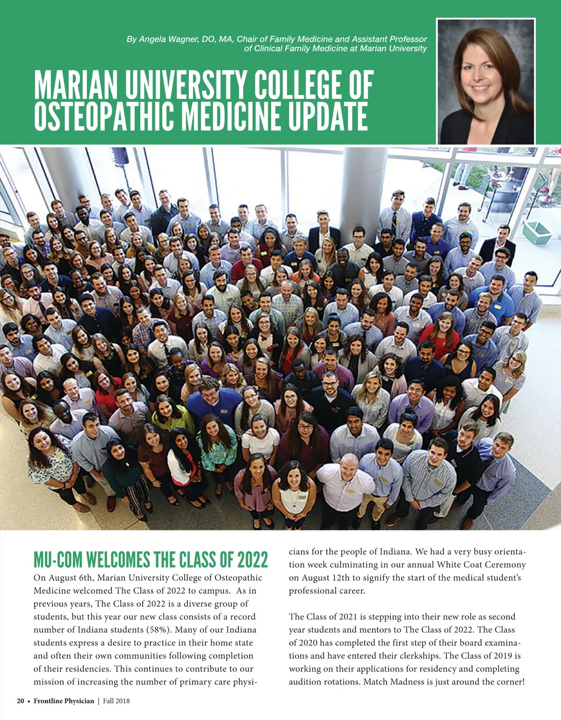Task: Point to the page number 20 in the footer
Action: pos(21,701)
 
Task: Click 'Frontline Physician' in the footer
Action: pos(64,701)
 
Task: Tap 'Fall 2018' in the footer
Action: pos(116,701)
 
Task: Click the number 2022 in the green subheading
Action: pos(252,560)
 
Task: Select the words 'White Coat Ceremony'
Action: pos(482,564)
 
